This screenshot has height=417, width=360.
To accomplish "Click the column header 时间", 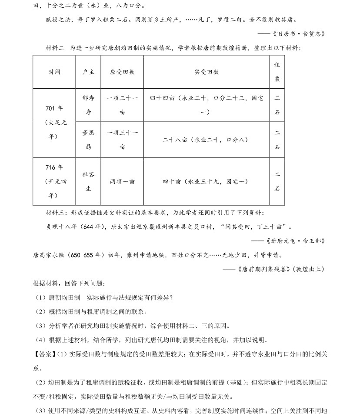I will point(54,72).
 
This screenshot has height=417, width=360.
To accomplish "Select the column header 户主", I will point(88,72).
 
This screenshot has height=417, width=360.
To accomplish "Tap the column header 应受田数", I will point(122,72).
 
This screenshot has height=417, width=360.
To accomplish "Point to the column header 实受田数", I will point(206,72).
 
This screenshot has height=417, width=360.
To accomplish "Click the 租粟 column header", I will point(277,72).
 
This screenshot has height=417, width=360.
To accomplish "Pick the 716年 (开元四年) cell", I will point(54,181).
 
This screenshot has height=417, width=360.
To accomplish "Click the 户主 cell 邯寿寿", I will point(88,105).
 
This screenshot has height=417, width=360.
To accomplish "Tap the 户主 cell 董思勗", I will point(88,140).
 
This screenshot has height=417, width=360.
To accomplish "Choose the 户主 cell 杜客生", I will point(88,181).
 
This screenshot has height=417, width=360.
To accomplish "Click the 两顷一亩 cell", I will point(122,181).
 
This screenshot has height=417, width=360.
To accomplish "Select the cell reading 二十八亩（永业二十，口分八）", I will point(206,140).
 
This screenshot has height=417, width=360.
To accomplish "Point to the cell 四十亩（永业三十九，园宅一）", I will point(206,181).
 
